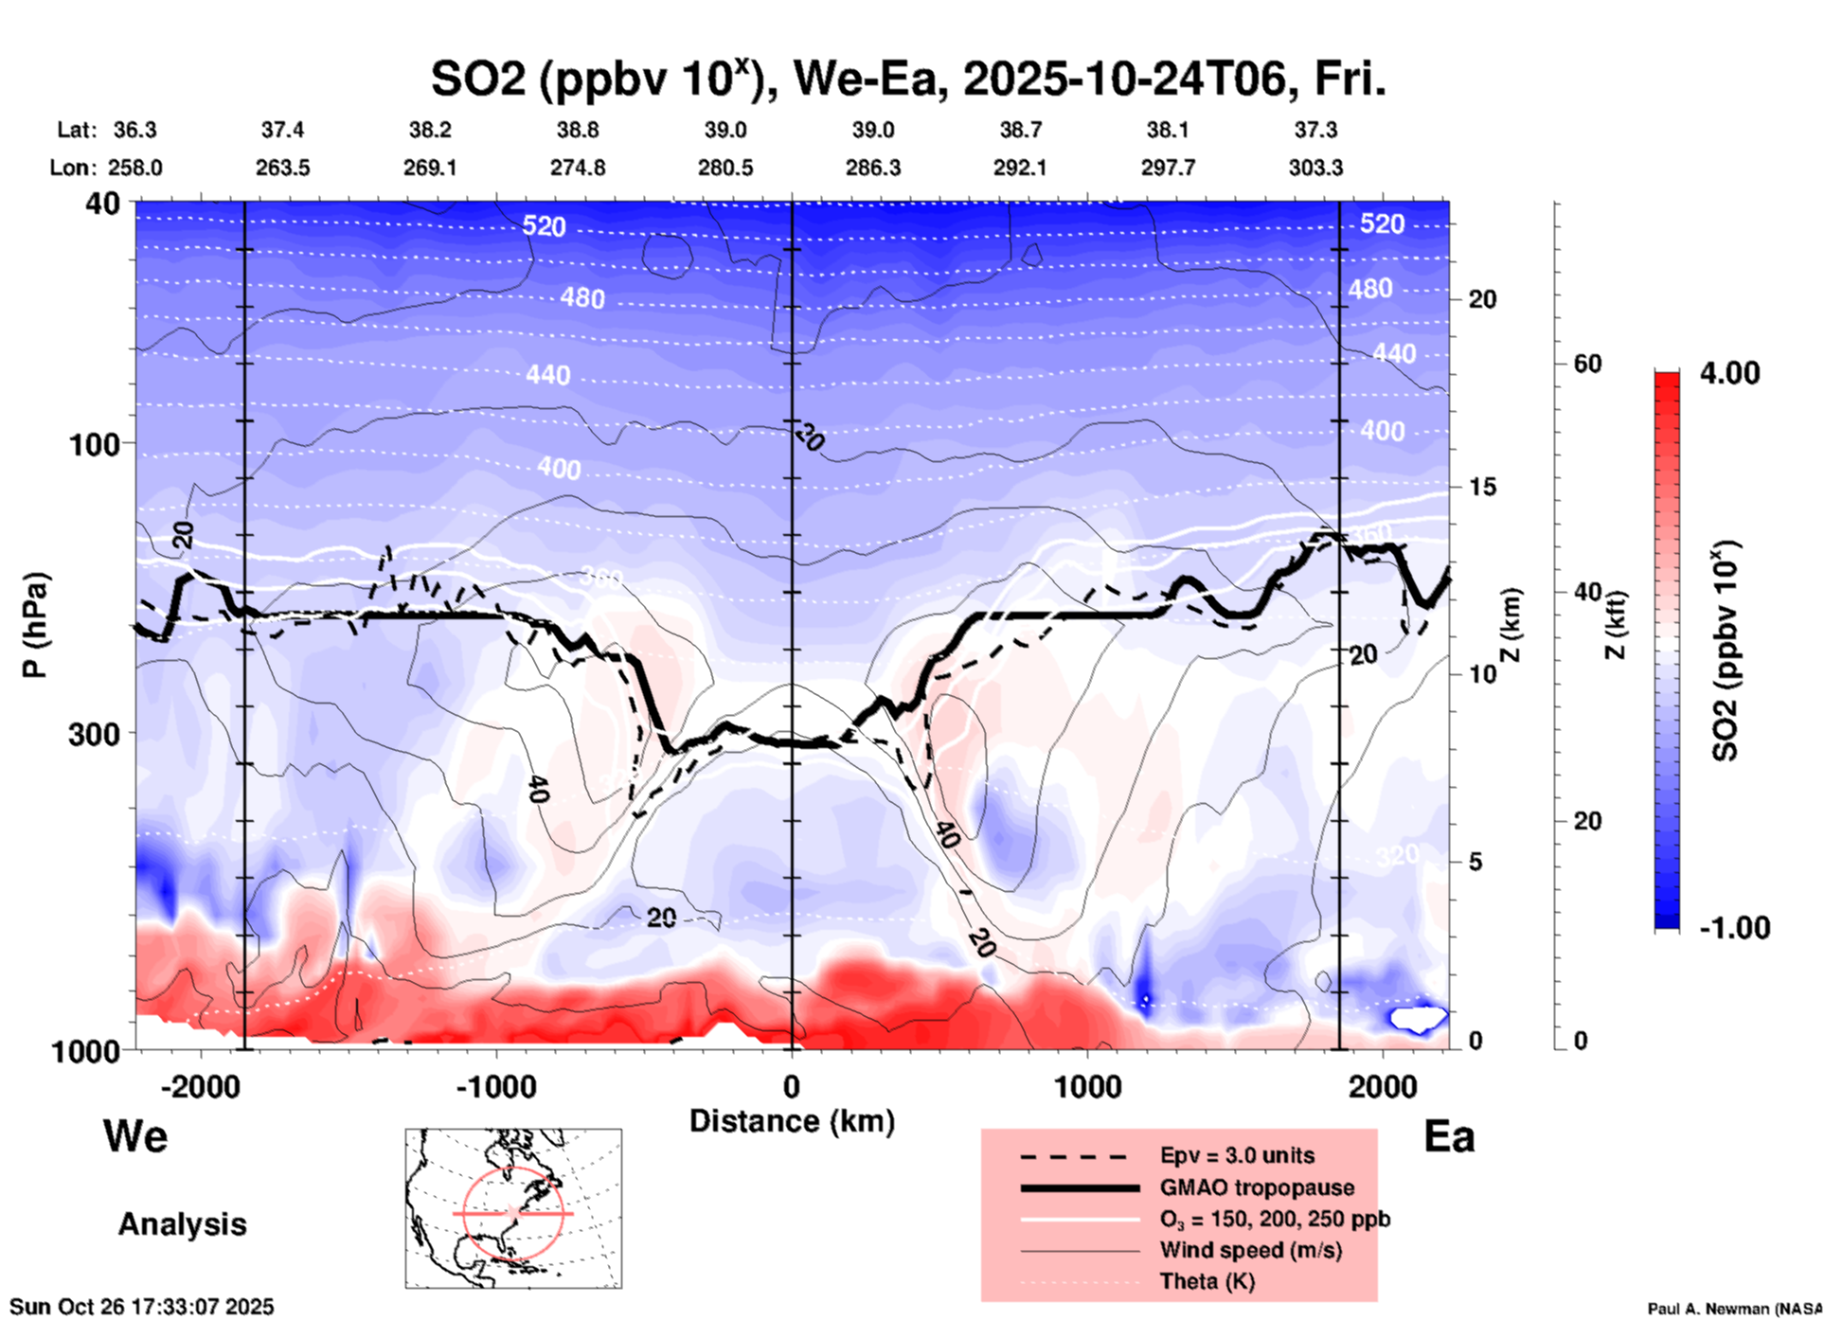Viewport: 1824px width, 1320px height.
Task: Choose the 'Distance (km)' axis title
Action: pyautogui.click(x=792, y=1121)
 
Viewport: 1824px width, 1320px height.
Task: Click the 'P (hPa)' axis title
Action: pyautogui.click(x=34, y=625)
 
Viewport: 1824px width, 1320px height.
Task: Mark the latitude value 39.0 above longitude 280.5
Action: pyautogui.click(x=725, y=130)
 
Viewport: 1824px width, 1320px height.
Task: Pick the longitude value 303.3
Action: pyautogui.click(x=1315, y=168)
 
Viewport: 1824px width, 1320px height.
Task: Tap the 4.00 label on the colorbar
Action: pyautogui.click(x=1729, y=373)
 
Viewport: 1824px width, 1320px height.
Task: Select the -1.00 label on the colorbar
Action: pyautogui.click(x=1734, y=928)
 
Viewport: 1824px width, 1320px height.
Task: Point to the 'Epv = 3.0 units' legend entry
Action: pyautogui.click(x=1237, y=1156)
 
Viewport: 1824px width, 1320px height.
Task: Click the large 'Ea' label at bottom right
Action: pyautogui.click(x=1449, y=1137)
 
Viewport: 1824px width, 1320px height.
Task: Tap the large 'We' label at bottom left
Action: pyautogui.click(x=135, y=1135)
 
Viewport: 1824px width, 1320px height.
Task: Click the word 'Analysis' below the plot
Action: pyautogui.click(x=182, y=1224)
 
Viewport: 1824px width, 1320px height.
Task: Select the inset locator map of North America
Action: pyautogui.click(x=513, y=1208)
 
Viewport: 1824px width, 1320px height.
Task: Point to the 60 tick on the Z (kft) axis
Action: pyautogui.click(x=1587, y=364)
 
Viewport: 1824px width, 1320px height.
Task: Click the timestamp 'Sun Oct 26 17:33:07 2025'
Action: pyautogui.click(x=142, y=1307)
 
